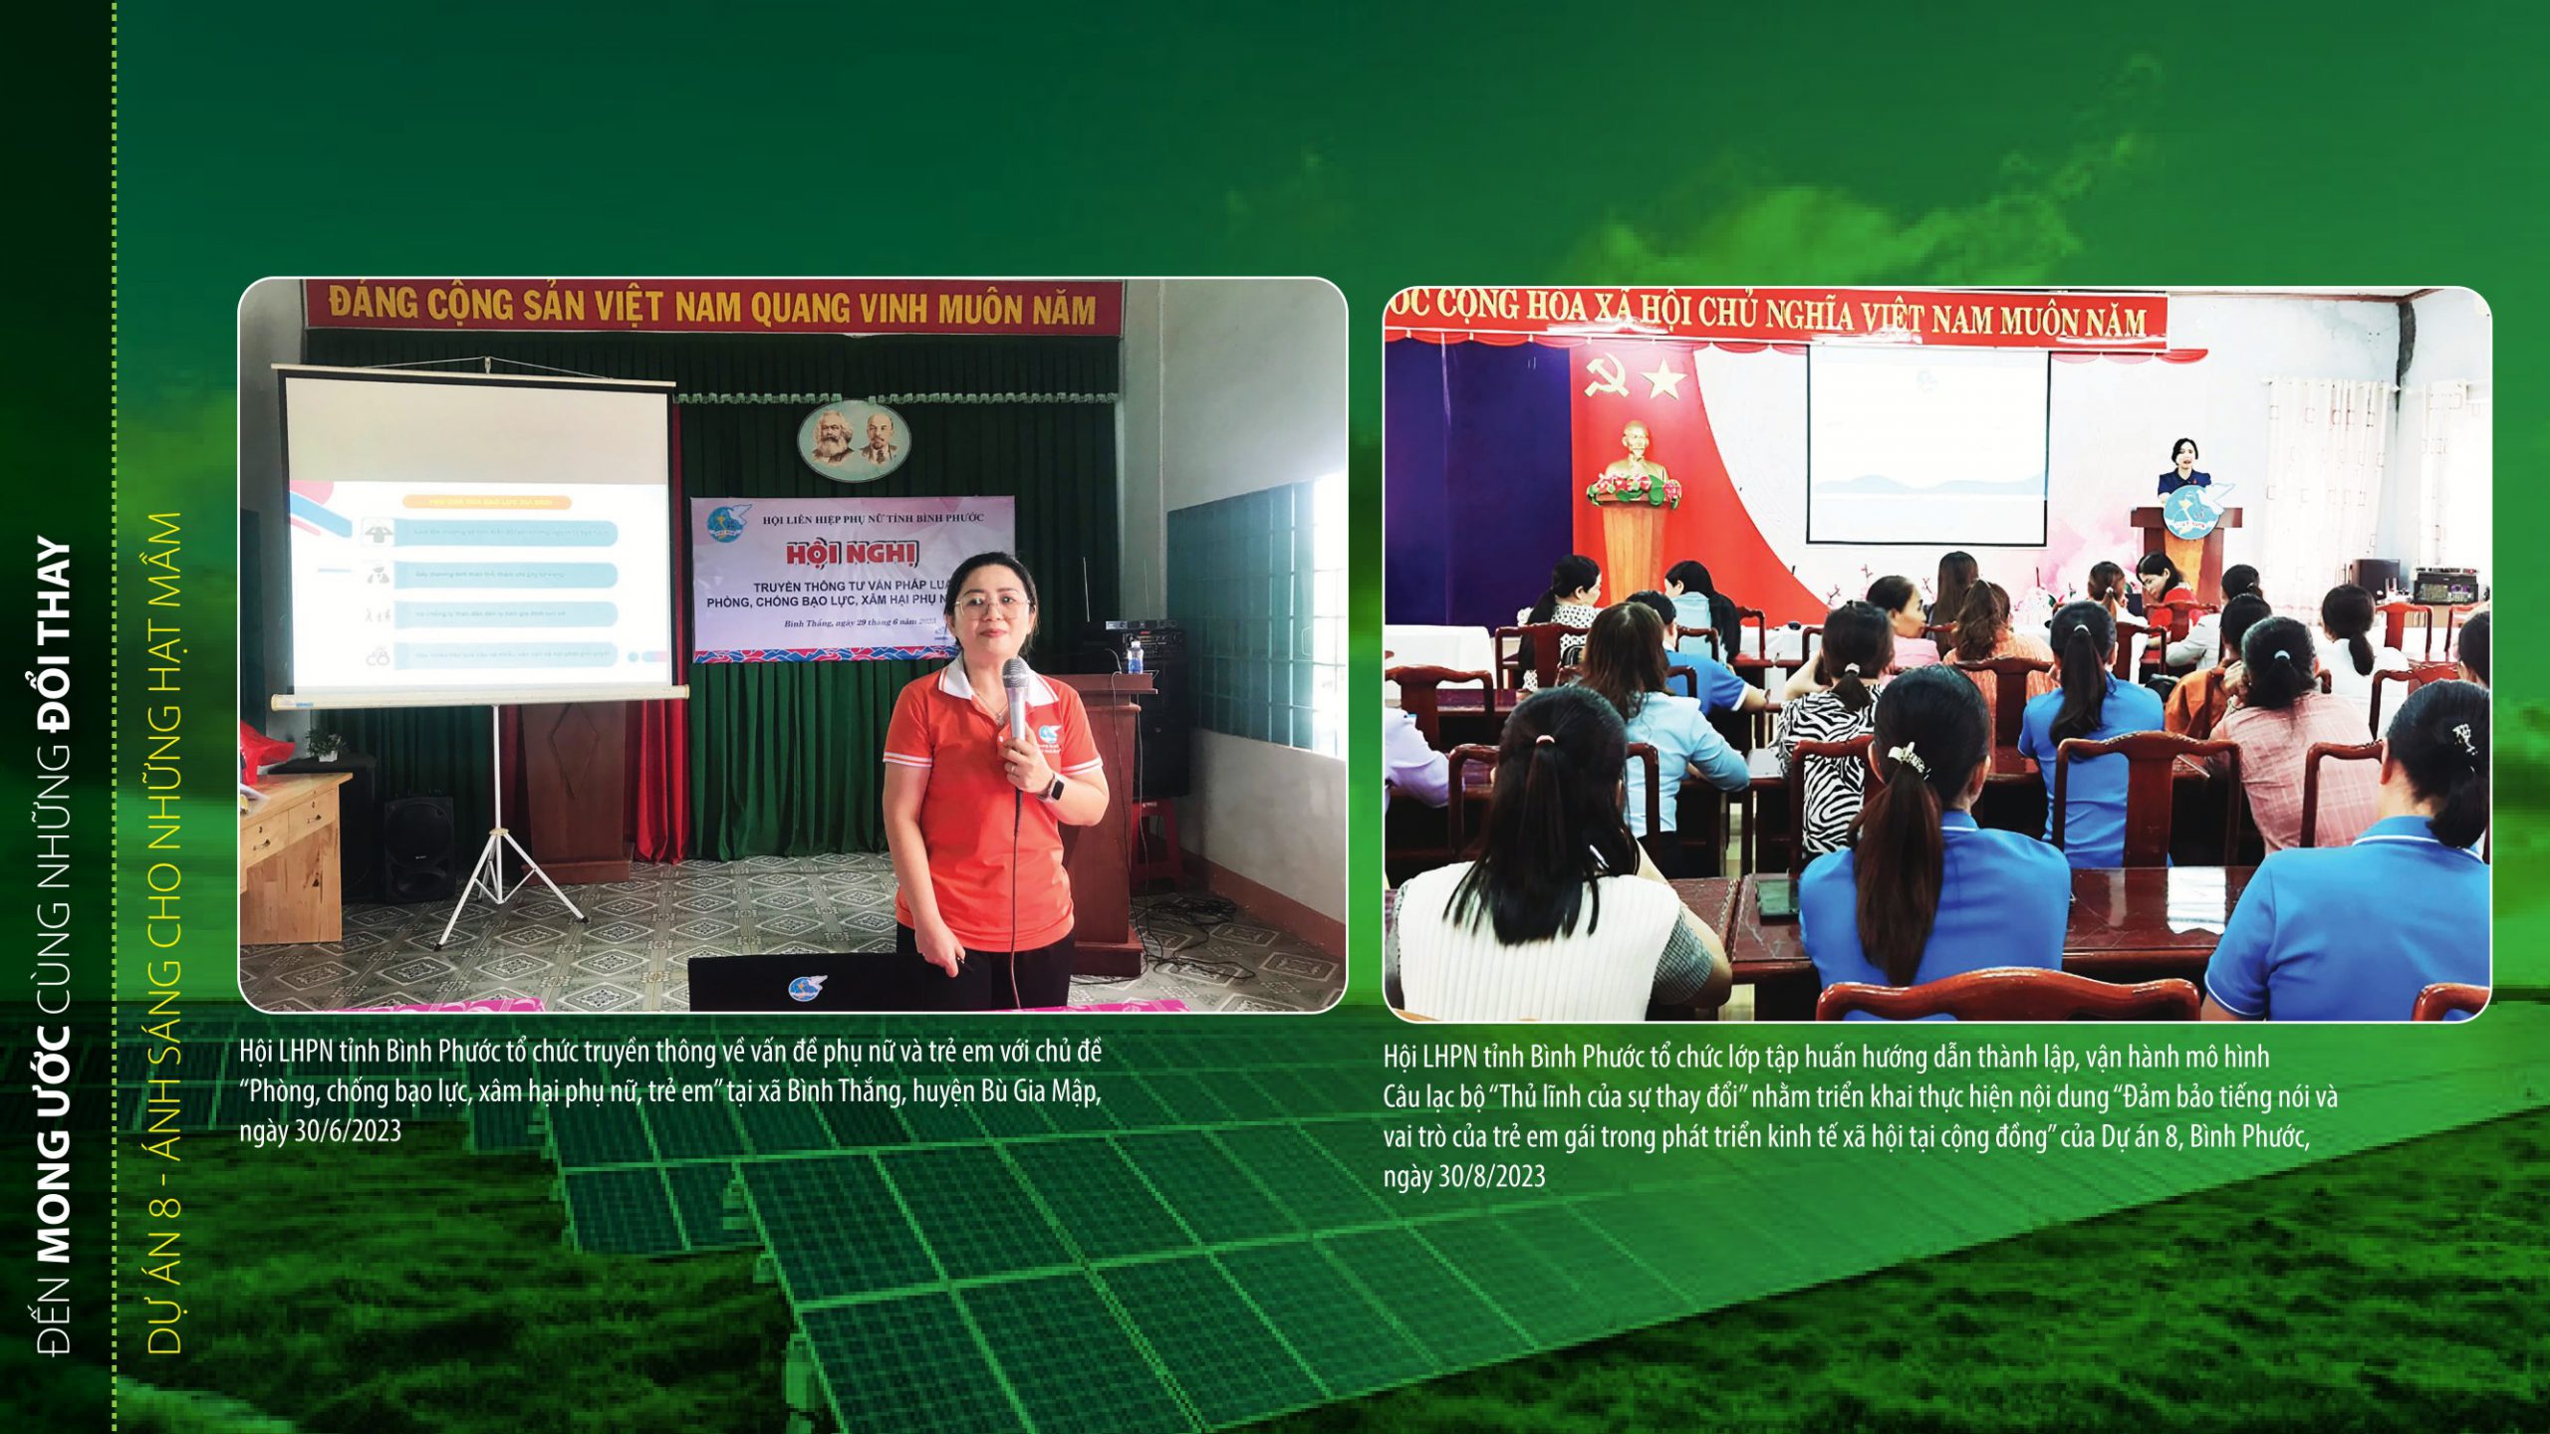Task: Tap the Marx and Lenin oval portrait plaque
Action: [853, 439]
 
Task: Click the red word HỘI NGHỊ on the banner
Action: [852, 554]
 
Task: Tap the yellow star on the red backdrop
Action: [1663, 379]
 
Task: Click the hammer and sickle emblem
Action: [1606, 377]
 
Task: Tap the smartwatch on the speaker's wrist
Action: [1052, 788]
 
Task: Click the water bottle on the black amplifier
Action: [1134, 657]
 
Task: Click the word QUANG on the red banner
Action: [798, 309]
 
